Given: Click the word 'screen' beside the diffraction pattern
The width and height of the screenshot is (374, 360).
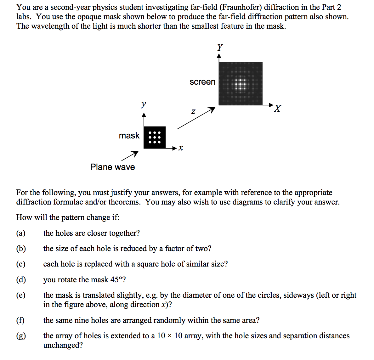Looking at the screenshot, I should click(x=202, y=82).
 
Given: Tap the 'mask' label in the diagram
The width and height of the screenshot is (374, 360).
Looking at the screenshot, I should click(x=129, y=136).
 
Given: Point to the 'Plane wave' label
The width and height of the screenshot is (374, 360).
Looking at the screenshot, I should click(x=112, y=167).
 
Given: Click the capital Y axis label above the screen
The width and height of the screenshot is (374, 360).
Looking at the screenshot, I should click(x=220, y=48).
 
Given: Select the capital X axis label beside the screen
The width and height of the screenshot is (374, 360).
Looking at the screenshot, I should click(x=277, y=109).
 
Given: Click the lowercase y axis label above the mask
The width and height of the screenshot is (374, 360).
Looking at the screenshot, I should click(x=144, y=104).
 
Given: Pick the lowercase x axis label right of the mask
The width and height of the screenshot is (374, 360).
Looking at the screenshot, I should click(x=180, y=148).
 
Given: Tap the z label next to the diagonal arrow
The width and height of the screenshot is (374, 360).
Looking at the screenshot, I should click(x=193, y=111).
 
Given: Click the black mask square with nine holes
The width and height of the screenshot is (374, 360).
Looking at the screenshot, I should click(x=155, y=137).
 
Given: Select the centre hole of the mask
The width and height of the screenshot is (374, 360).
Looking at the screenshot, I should click(x=155, y=138).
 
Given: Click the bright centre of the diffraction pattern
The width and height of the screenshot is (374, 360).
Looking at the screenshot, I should click(x=240, y=84).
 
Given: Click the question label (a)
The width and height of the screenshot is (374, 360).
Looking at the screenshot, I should click(x=21, y=233).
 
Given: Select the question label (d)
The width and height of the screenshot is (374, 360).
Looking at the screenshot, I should click(x=21, y=280).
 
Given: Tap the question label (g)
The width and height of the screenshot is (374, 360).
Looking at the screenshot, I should click(x=21, y=336).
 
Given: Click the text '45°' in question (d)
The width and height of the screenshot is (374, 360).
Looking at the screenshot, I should click(x=116, y=280).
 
